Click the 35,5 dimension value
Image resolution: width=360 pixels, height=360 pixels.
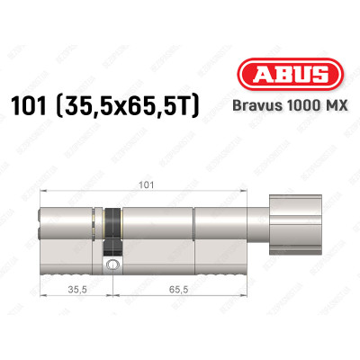[78, 291]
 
